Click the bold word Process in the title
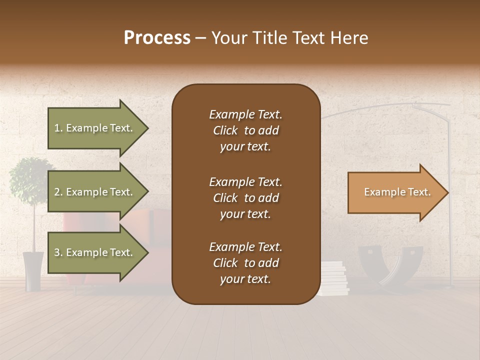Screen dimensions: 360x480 [157, 38]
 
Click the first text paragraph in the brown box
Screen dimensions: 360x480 [245, 130]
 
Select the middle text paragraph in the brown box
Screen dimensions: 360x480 [245, 198]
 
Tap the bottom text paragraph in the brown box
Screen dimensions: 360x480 [245, 263]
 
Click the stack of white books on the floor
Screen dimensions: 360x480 [334, 278]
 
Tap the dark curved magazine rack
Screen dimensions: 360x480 [390, 265]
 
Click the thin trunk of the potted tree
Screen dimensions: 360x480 [34, 225]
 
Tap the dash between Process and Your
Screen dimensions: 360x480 [200, 38]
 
